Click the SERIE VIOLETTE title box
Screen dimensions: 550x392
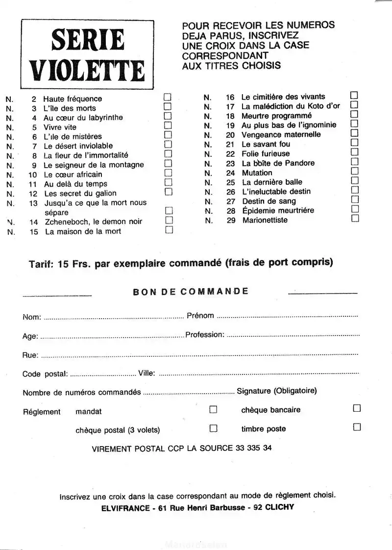(87, 54)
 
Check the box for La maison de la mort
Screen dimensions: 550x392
(170, 229)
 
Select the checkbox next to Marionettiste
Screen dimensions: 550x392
(355, 218)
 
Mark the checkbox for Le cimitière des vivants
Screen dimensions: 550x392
(354, 95)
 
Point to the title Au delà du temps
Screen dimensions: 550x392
(69, 184)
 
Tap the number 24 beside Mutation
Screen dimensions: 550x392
(230, 173)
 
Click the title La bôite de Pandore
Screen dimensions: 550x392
(278, 163)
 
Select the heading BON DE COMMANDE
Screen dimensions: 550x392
(191, 292)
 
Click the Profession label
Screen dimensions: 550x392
(205, 335)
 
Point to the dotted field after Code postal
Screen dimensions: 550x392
(103, 375)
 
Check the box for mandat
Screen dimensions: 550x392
(213, 409)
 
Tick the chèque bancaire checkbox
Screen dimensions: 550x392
(357, 408)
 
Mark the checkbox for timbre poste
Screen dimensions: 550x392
(357, 427)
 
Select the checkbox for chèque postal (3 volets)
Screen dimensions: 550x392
(213, 428)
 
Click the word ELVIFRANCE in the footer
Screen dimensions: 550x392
(125, 508)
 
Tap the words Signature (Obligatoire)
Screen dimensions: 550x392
(277, 391)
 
